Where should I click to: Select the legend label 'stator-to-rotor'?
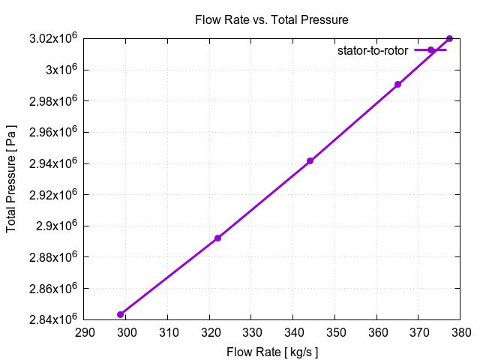click(372, 50)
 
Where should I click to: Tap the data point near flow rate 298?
click(120, 314)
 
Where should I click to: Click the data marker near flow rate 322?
click(217, 238)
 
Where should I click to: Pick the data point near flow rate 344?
click(310, 161)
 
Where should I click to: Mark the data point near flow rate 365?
click(397, 85)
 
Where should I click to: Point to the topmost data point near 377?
click(449, 38)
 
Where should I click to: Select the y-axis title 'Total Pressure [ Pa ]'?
click(11, 178)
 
